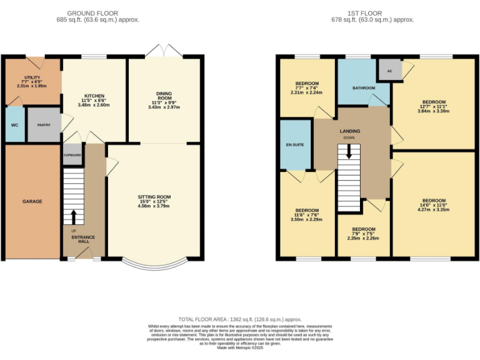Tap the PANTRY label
pos(44,125)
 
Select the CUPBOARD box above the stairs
pos(72,154)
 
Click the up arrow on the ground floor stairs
pos(74,216)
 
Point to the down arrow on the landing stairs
pos(349,151)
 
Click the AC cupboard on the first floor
pos(389,71)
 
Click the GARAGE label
pos(32,201)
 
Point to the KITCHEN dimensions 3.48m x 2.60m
pos(94,105)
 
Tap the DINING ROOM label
pos(164,97)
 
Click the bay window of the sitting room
pos(154,264)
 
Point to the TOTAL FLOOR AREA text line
pos(240,318)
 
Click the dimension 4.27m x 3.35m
pos(433,210)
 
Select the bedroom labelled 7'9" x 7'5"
pos(363,234)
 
